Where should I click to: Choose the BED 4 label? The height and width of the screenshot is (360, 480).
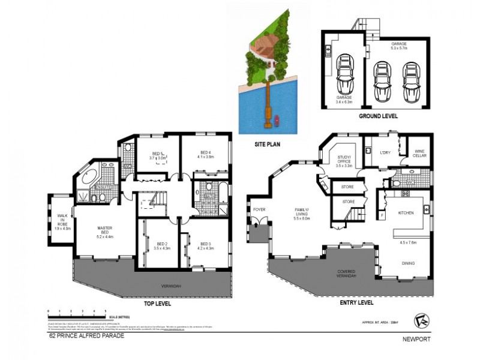[x=207, y=154]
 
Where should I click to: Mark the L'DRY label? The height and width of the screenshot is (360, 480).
[x=385, y=152]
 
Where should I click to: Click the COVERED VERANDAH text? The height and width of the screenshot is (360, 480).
[x=350, y=274]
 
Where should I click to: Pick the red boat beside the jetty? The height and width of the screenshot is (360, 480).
[x=277, y=122]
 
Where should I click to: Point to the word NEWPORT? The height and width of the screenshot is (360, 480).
[x=416, y=338]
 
